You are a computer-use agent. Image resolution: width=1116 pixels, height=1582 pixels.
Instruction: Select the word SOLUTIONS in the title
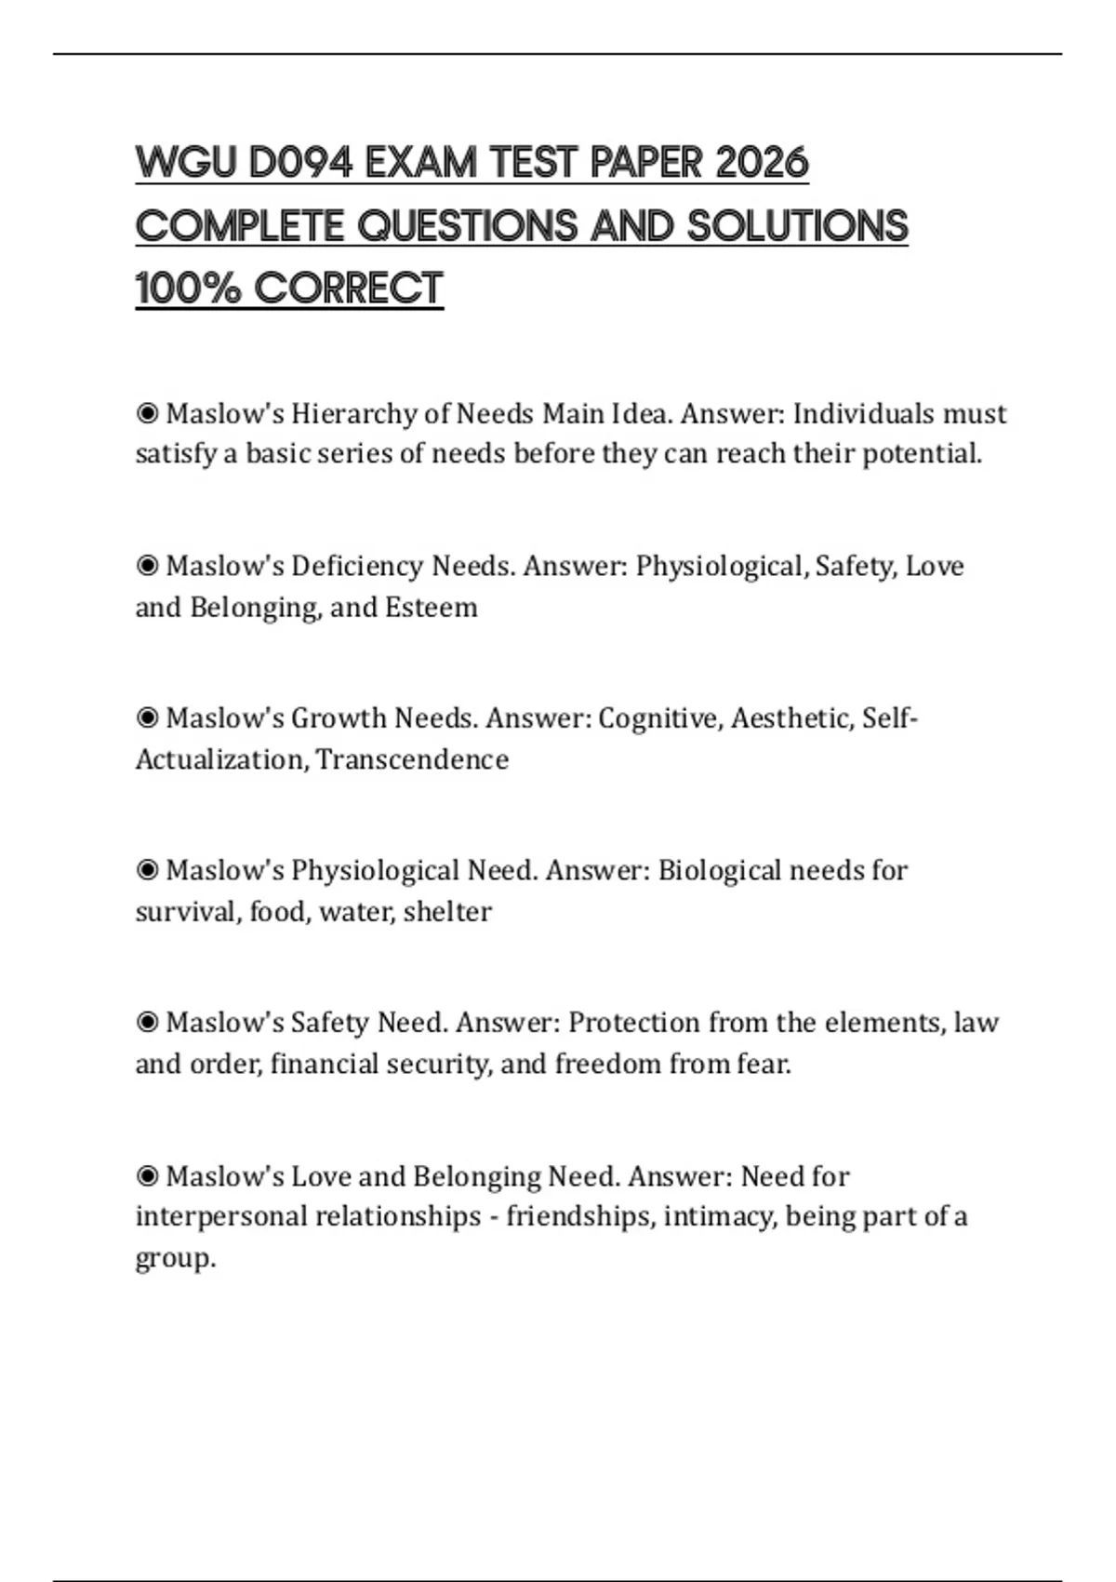tap(797, 226)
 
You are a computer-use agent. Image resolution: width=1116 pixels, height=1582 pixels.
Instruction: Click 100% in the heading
tap(189, 288)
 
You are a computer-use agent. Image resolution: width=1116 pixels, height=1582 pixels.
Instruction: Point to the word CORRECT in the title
tap(349, 288)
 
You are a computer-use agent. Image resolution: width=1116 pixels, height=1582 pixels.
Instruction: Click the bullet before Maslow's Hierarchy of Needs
tap(147, 413)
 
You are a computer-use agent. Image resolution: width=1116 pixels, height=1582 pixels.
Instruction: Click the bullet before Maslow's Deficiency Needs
tap(147, 566)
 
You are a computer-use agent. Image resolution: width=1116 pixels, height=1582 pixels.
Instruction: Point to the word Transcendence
tap(412, 759)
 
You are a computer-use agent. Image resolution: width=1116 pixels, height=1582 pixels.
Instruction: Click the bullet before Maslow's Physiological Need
tap(147, 871)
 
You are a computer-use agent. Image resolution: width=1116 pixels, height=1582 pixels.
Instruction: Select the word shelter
tap(447, 912)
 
